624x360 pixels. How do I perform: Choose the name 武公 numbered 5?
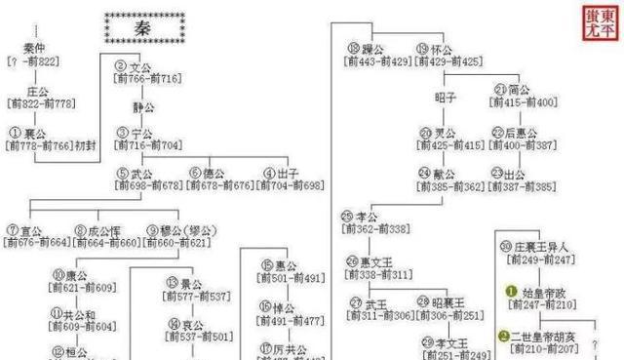[143, 173]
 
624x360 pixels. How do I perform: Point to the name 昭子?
[446, 98]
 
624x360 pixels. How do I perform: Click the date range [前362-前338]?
[375, 228]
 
